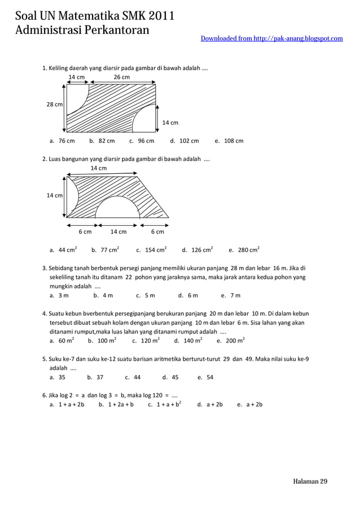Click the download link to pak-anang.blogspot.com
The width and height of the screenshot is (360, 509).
click(271, 38)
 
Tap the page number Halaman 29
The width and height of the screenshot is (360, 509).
click(310, 481)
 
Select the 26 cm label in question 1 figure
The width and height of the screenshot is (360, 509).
click(121, 77)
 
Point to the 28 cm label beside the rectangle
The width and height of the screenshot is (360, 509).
click(54, 104)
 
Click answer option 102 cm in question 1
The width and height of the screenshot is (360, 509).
click(185, 141)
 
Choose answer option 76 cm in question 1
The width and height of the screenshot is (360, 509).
click(63, 141)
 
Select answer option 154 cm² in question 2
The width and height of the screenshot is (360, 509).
click(151, 249)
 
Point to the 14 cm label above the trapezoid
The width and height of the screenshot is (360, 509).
click(99, 168)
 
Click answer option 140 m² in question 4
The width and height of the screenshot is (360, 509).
click(189, 341)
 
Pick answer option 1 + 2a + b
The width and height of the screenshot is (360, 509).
click(116, 404)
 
